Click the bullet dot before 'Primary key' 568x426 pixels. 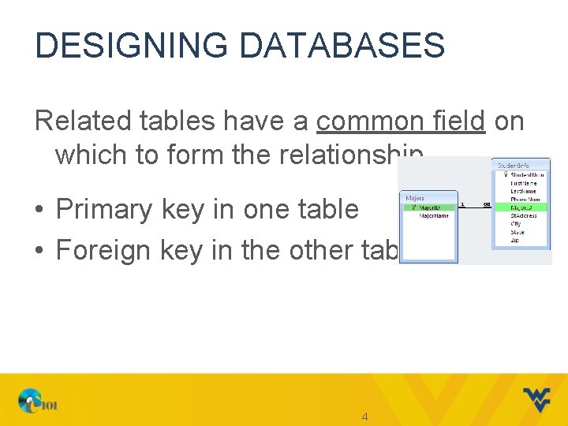pyautogui.click(x=39, y=210)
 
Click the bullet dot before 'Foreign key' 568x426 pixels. pyautogui.click(x=39, y=251)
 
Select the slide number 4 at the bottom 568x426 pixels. pyautogui.click(x=364, y=416)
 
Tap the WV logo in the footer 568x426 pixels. pyautogui.click(x=537, y=400)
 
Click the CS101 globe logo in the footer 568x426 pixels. pyautogui.click(x=35, y=402)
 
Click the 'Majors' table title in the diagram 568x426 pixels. pyautogui.click(x=415, y=197)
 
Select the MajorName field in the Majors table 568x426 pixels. pyautogui.click(x=433, y=215)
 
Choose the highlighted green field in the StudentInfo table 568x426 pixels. pyautogui.click(x=521, y=207)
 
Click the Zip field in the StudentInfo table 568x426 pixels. pyautogui.click(x=515, y=240)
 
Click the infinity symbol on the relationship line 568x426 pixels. pyautogui.click(x=486, y=205)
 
